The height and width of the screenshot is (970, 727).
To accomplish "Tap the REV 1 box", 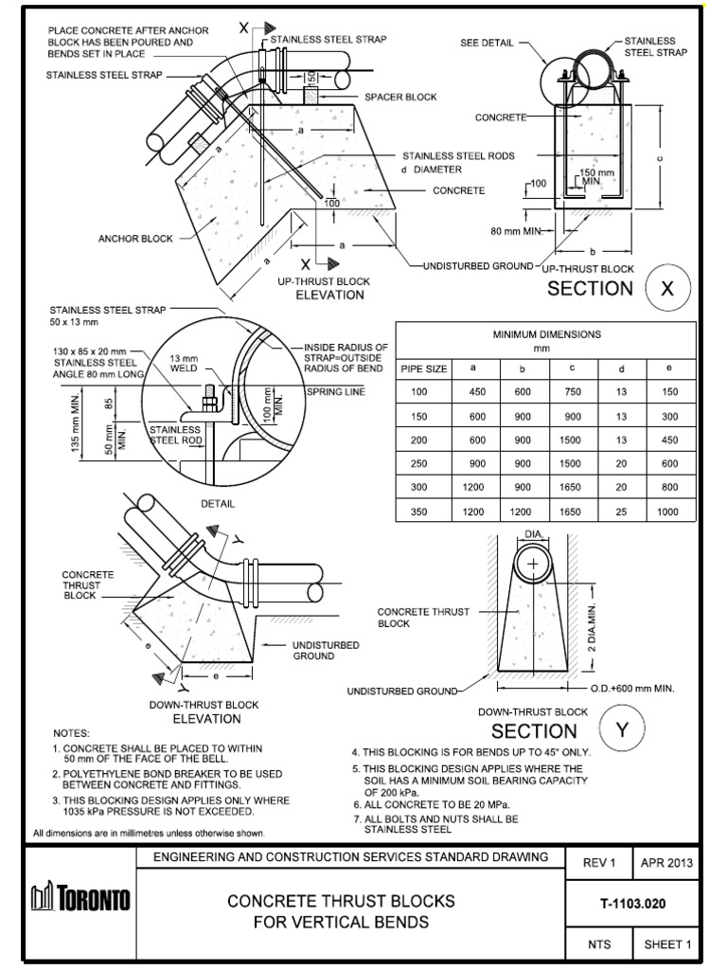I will [x=598, y=863].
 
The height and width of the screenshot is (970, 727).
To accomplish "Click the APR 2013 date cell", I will [x=667, y=863].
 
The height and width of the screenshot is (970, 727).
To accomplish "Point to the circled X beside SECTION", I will [x=666, y=289].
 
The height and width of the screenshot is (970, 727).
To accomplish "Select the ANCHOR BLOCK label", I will [x=136, y=239].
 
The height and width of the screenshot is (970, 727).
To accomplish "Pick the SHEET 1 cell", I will [x=667, y=943].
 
